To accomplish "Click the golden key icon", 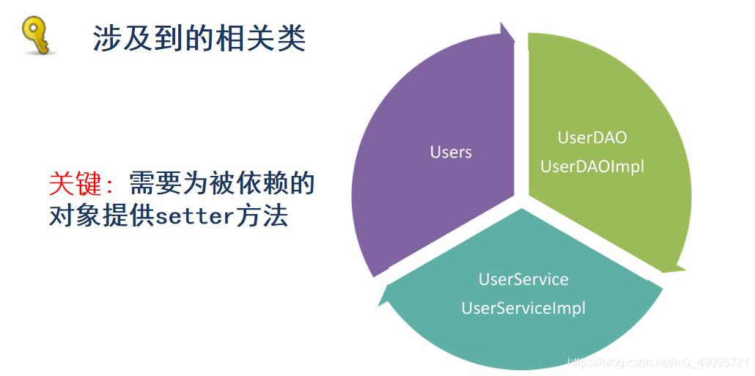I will (x=35, y=36).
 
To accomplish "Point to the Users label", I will (x=451, y=152).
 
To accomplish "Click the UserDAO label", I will (x=592, y=137).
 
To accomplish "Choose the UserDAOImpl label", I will (x=592, y=166).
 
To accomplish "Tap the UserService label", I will (x=523, y=279).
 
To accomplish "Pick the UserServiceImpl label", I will (x=523, y=308).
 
